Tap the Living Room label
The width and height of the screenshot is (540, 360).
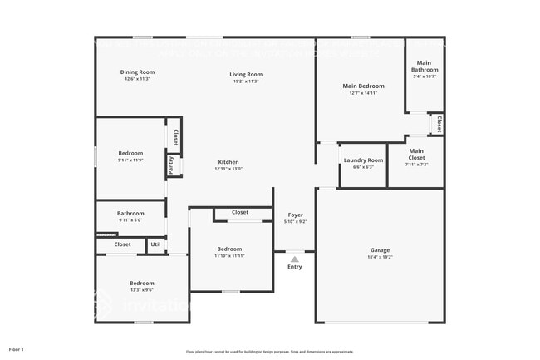click(x=245, y=75)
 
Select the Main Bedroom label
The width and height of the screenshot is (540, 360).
click(x=363, y=86)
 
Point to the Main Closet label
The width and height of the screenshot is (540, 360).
click(x=416, y=154)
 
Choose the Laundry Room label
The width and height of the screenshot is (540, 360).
click(x=363, y=160)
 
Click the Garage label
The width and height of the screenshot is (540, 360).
click(x=380, y=250)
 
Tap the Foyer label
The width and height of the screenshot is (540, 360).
click(x=295, y=215)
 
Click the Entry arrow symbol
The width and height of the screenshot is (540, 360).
click(x=294, y=259)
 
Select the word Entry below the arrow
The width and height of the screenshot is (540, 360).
click(x=295, y=267)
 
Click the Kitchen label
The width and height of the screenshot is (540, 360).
click(x=228, y=162)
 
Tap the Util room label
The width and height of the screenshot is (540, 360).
click(x=155, y=244)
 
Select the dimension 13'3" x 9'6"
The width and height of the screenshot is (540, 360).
click(x=141, y=290)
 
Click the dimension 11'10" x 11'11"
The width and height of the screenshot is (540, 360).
click(x=229, y=256)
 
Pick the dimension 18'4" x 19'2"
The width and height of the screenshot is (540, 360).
click(x=380, y=257)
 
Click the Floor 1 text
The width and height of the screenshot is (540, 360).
click(x=17, y=350)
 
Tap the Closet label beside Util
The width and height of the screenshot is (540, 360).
click(x=122, y=244)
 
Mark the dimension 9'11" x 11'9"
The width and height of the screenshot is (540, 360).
click(x=130, y=160)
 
